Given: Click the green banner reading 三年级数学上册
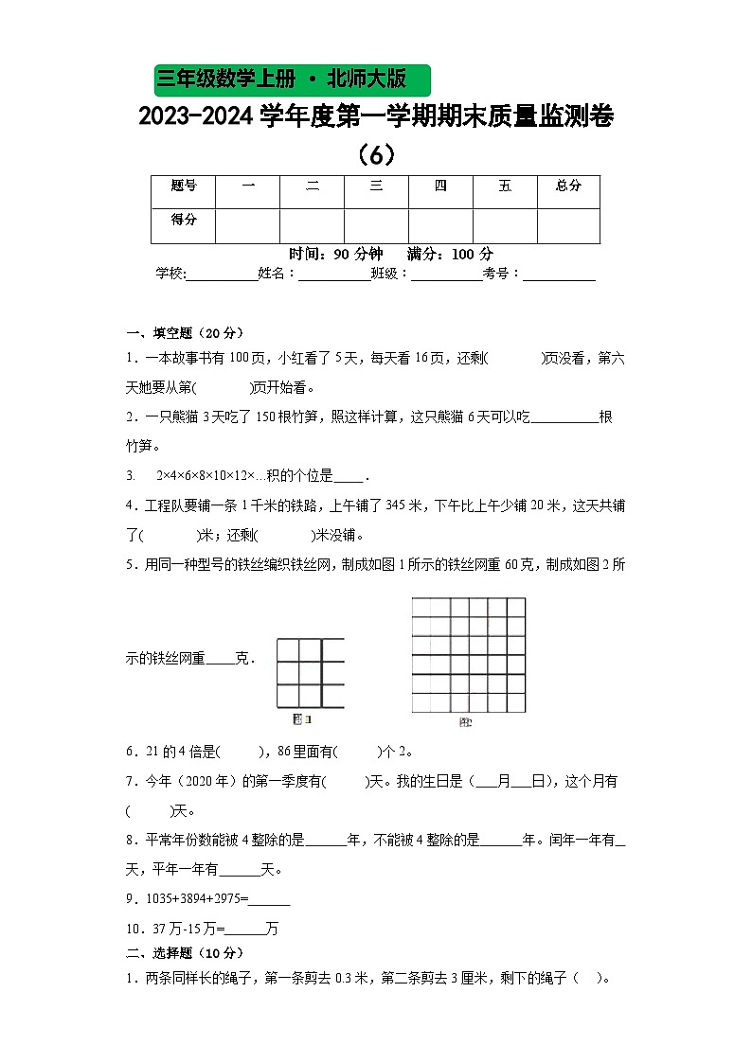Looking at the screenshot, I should [291, 79].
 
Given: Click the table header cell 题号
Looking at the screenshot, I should [184, 186].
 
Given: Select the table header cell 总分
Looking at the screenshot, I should [568, 186].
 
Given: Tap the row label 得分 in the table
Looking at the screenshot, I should [184, 221].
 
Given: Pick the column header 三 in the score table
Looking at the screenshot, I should [376, 186].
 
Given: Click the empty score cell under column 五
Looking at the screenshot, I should [504, 226].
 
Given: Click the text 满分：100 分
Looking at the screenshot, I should [450, 255].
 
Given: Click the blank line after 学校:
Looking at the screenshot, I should [223, 275].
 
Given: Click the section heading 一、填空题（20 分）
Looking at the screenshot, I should [186, 332].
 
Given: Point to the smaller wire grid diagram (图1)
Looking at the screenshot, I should [310, 673].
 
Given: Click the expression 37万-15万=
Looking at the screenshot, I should [186, 929].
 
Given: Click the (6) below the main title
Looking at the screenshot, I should [376, 152].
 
